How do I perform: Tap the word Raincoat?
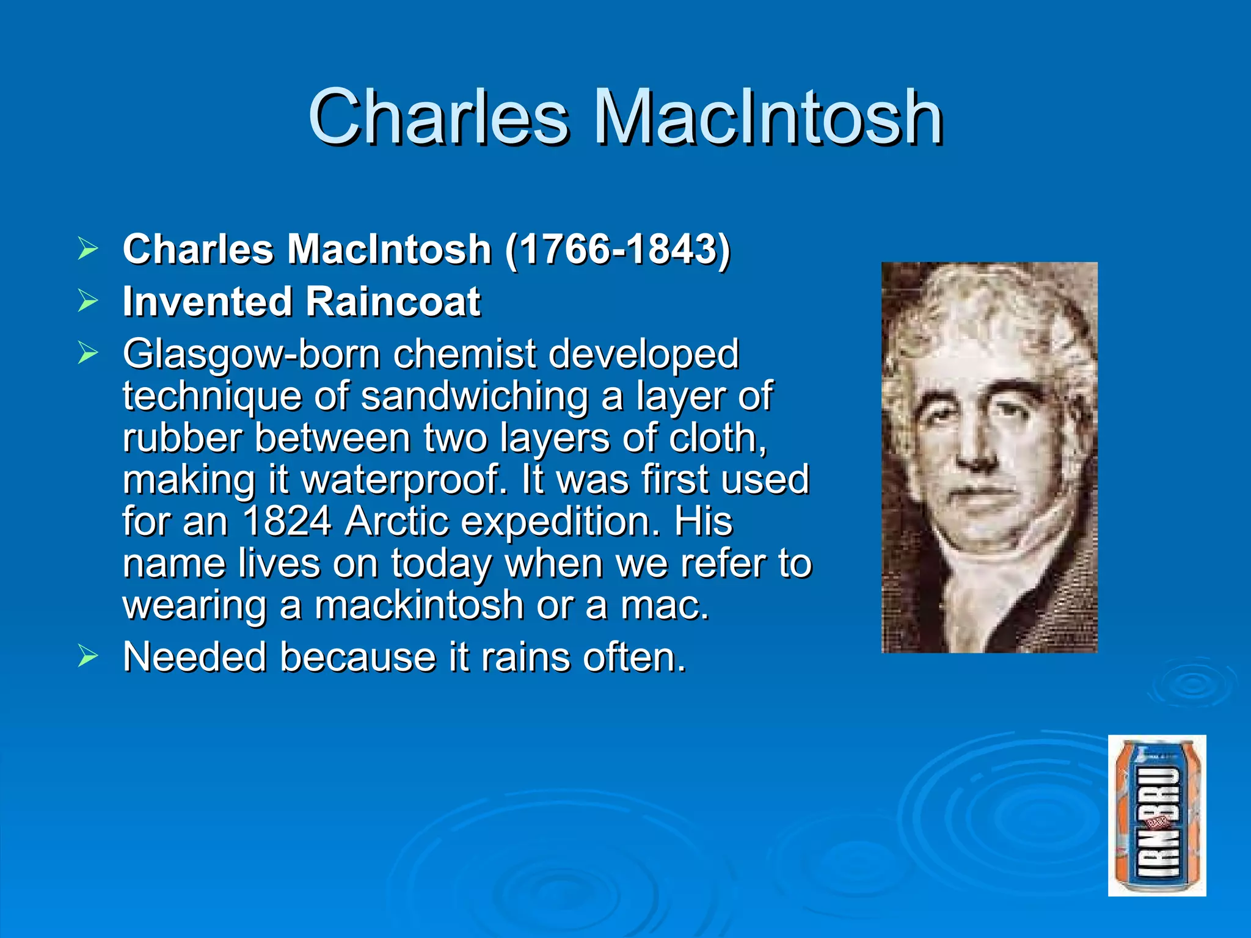[393, 302]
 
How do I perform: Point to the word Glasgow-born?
[251, 354]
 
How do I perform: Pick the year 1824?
[287, 522]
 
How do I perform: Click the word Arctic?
[397, 522]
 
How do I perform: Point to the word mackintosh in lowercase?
[419, 605]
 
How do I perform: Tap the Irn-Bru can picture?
[1157, 815]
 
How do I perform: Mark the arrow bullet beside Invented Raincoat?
[88, 301]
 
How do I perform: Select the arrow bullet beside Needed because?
[88, 657]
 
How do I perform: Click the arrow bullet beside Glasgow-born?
[88, 354]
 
